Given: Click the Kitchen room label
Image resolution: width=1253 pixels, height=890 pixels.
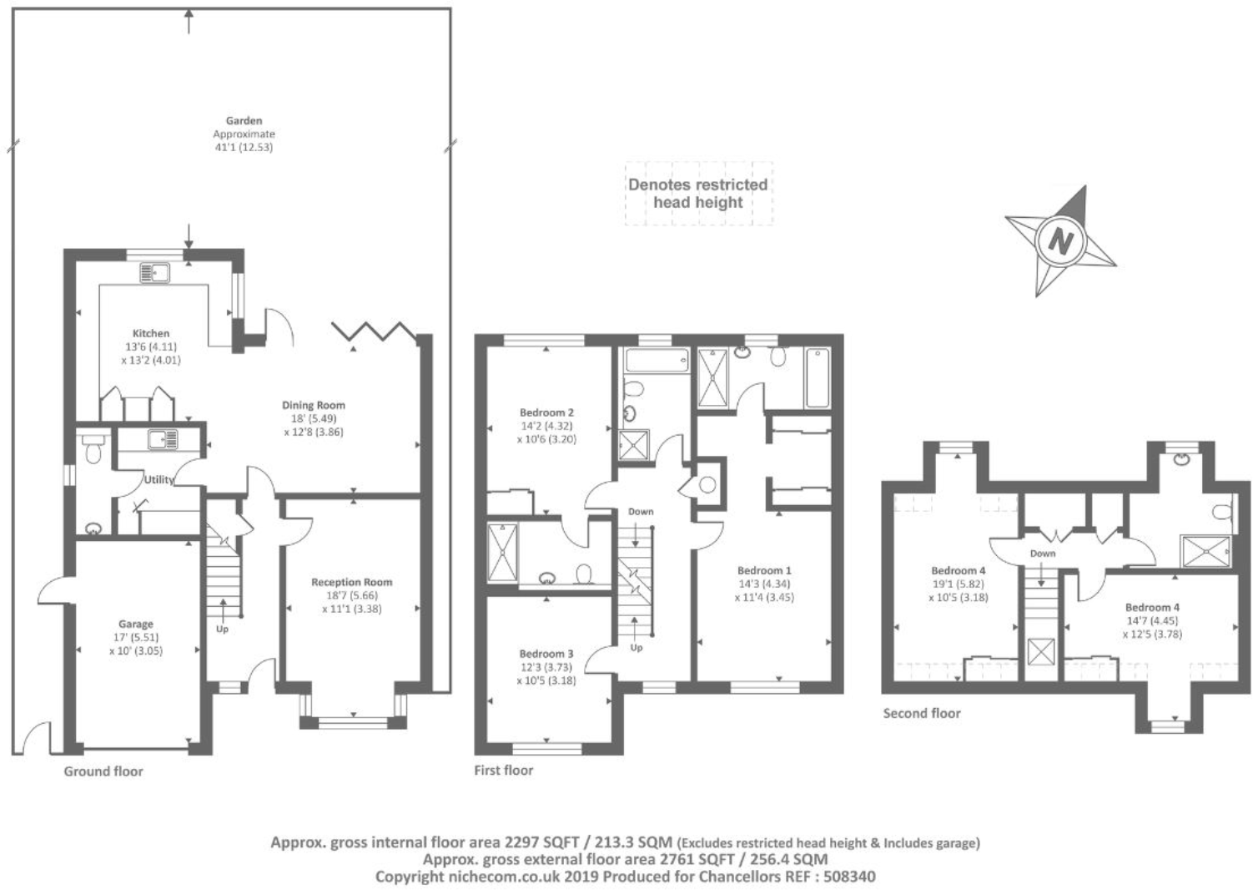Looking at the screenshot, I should (151, 333).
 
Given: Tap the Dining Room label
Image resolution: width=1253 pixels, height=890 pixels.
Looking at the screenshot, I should (313, 405).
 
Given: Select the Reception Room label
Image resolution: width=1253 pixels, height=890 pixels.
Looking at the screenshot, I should (351, 582).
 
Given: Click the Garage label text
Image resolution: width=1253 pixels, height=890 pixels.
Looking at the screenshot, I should (135, 624).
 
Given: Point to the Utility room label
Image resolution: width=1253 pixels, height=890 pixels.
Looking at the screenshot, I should (159, 479).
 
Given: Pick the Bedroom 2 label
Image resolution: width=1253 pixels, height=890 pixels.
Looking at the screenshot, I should (546, 412).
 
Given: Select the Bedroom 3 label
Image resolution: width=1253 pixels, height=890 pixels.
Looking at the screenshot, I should (546, 654).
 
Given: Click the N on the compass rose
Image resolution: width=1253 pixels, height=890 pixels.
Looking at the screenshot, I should (1059, 241).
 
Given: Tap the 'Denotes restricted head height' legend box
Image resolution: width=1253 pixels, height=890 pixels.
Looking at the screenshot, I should (698, 194).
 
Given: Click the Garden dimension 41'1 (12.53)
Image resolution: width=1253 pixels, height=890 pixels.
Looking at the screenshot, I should (244, 148).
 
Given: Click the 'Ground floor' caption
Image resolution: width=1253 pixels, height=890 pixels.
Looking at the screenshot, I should (103, 771).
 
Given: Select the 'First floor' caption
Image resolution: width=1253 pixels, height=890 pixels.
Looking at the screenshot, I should (503, 770).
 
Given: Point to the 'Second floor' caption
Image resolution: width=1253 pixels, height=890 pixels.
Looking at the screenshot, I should (922, 713).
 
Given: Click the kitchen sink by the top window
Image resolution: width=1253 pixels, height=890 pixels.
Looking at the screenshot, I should (154, 272).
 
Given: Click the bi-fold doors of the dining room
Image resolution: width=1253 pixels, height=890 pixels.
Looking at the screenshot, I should (373, 331).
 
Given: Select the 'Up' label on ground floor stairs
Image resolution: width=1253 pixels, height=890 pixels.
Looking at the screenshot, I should (222, 629).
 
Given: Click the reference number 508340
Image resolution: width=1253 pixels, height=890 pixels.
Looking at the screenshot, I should (849, 877).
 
